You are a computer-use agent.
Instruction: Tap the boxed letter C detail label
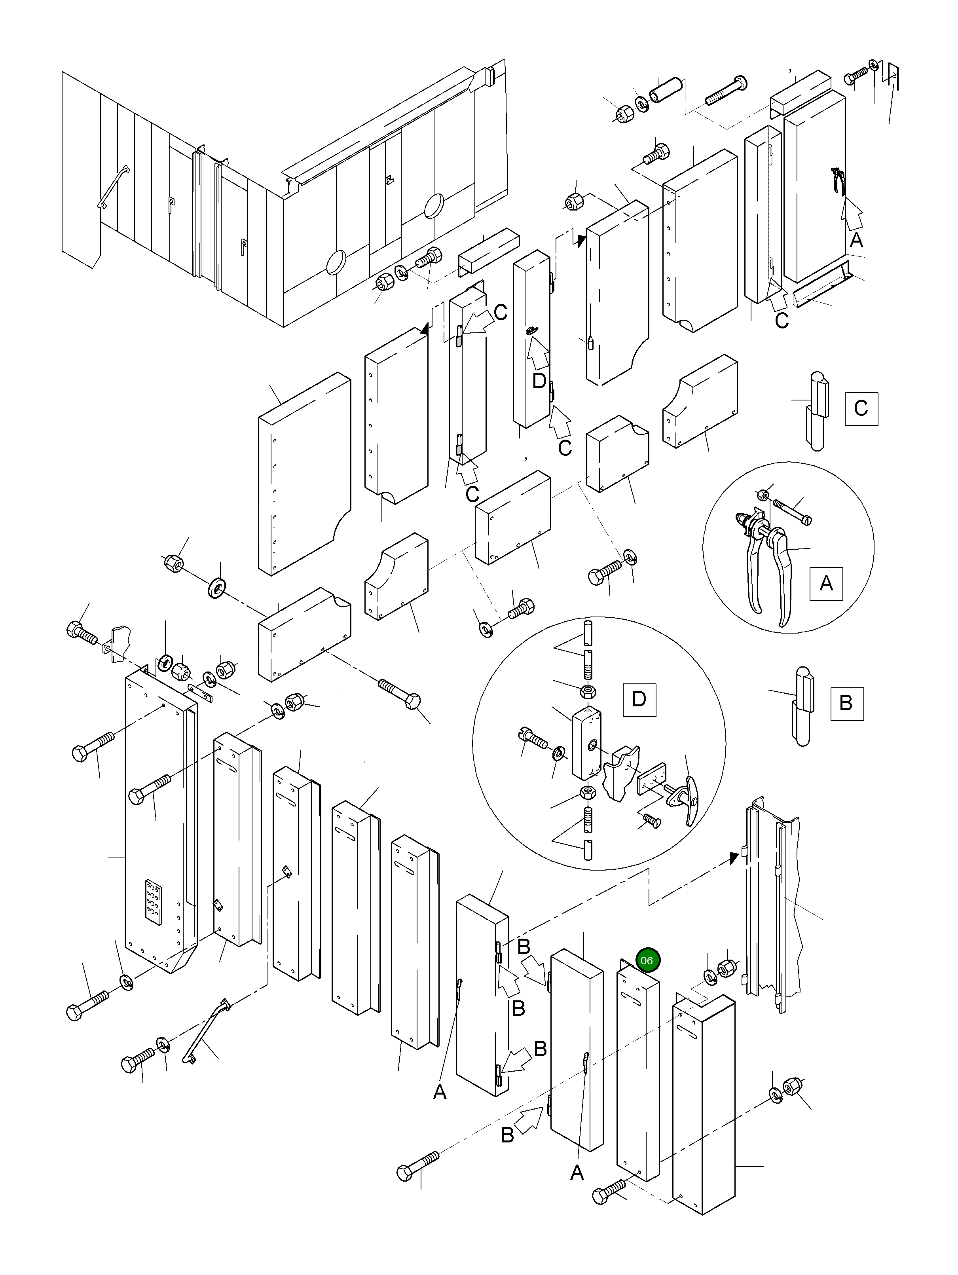[x=861, y=409]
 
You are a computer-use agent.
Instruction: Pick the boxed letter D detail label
[x=639, y=699]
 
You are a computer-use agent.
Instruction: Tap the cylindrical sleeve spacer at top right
[x=665, y=89]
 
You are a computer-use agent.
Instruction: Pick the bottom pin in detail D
[x=588, y=850]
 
